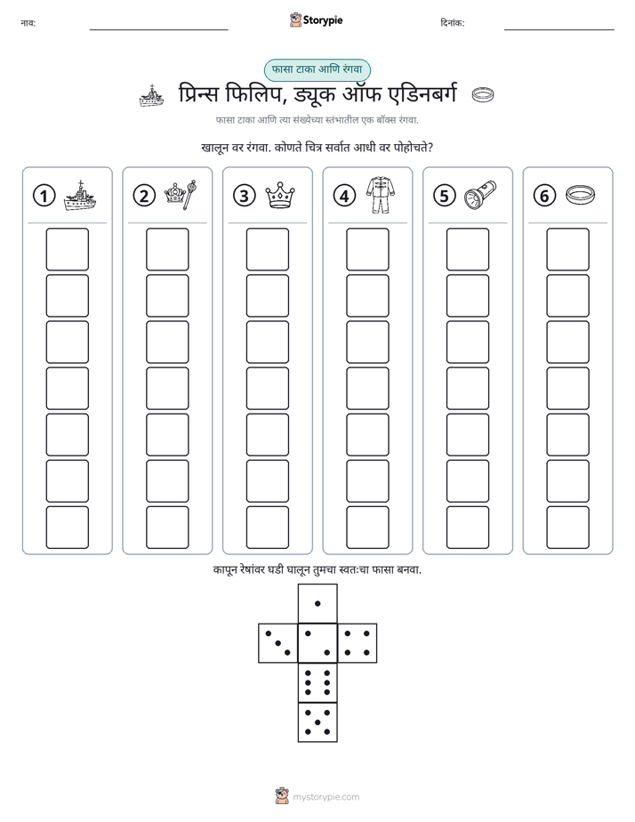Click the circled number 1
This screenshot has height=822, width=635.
[x=44, y=196]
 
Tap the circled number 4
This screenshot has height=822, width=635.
[x=344, y=196]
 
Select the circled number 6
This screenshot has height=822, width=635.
[x=544, y=196]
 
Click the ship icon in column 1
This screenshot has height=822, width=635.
[x=80, y=196]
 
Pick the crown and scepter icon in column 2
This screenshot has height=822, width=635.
[x=181, y=195]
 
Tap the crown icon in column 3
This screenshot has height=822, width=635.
[x=280, y=196]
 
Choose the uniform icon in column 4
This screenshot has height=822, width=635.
[x=381, y=195]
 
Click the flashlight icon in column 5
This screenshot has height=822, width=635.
[x=480, y=195]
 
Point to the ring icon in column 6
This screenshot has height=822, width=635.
[x=581, y=195]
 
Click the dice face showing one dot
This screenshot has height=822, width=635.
[x=317, y=603]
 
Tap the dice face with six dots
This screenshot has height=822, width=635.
[x=317, y=682]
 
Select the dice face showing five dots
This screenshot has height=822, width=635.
[x=317, y=722]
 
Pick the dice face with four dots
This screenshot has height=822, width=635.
[x=358, y=643]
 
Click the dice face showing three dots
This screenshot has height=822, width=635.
[x=278, y=643]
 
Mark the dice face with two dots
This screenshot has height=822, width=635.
[x=317, y=643]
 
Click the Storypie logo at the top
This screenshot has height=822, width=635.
[x=317, y=20]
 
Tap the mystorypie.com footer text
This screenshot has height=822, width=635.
[x=326, y=797]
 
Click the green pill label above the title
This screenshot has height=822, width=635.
[x=317, y=69]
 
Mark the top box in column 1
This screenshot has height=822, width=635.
[x=67, y=249]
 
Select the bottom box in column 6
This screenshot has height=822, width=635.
[x=568, y=528]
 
